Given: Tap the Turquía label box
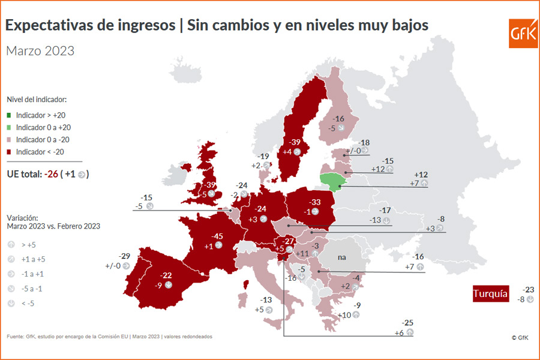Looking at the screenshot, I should click(x=490, y=294).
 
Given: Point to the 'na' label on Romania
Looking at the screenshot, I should click(x=342, y=257).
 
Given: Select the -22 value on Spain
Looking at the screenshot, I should click(x=166, y=275).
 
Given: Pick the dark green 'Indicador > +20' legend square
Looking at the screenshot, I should click(x=10, y=115).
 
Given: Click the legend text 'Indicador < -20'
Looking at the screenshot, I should click(x=40, y=151).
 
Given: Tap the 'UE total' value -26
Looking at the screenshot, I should click(x=52, y=174).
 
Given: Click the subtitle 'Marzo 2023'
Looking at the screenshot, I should click(x=40, y=50).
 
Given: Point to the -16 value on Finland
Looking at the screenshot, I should click(x=339, y=119).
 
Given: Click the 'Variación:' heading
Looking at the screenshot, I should click(x=22, y=218).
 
